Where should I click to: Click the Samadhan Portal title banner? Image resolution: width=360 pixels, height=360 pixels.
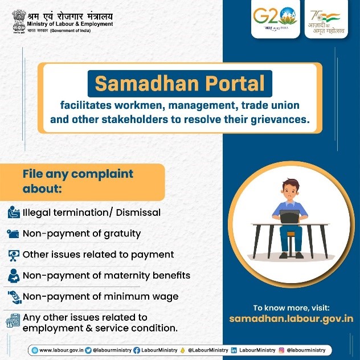(180, 84)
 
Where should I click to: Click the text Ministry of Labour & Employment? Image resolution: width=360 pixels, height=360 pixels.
(70, 24)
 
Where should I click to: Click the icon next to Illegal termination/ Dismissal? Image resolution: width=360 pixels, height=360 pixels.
(13, 213)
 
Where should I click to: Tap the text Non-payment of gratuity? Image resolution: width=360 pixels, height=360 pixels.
(81, 233)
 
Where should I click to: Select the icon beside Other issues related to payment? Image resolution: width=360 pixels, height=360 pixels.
(13, 255)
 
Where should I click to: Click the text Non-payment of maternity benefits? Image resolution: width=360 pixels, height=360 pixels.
(106, 275)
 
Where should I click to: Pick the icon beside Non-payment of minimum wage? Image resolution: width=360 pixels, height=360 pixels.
(13, 297)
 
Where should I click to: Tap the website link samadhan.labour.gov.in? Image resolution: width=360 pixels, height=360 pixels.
(291, 318)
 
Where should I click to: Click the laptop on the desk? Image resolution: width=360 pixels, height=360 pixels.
(289, 215)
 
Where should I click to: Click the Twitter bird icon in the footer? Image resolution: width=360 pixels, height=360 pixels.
(88, 350)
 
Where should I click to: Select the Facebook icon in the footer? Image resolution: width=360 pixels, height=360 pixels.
(137, 350)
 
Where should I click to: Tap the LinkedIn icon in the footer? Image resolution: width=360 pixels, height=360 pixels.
(234, 350)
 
